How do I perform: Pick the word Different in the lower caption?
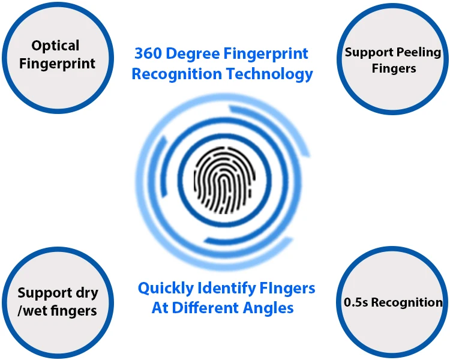[211, 308]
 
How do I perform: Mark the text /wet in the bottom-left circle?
[34, 311]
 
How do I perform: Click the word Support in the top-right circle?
[365, 52]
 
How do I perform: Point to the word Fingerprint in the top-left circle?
[57, 63]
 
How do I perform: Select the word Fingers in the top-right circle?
[394, 68]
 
